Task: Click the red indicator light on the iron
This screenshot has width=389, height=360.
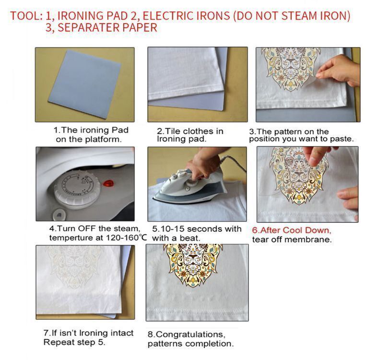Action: coord(109,184)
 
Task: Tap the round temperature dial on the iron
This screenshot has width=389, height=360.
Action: coord(77,188)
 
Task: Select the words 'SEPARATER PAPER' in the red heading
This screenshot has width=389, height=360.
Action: coord(107,27)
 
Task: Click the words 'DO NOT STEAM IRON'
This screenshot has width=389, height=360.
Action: coord(292,16)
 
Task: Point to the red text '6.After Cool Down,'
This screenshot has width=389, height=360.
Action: coord(292,230)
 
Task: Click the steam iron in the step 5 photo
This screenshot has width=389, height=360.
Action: coord(190,186)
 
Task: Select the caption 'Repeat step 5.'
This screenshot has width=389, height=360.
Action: coord(74,342)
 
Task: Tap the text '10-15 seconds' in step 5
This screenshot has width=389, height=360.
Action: coord(181,228)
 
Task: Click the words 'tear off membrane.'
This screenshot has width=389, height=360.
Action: coord(292,240)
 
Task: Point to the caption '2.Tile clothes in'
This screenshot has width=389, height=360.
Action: coord(190,131)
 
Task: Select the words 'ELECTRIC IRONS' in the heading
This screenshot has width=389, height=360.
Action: coord(186,16)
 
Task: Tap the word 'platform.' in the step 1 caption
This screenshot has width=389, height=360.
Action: coord(104,139)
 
